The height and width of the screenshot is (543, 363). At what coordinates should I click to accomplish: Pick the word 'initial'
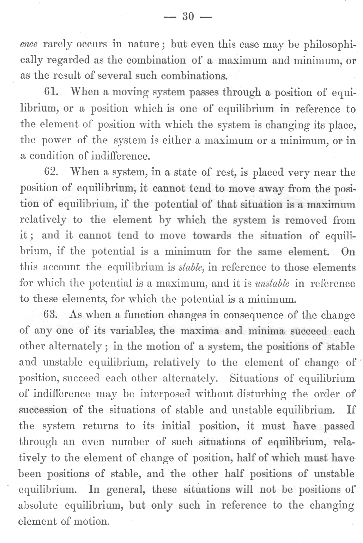176,426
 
